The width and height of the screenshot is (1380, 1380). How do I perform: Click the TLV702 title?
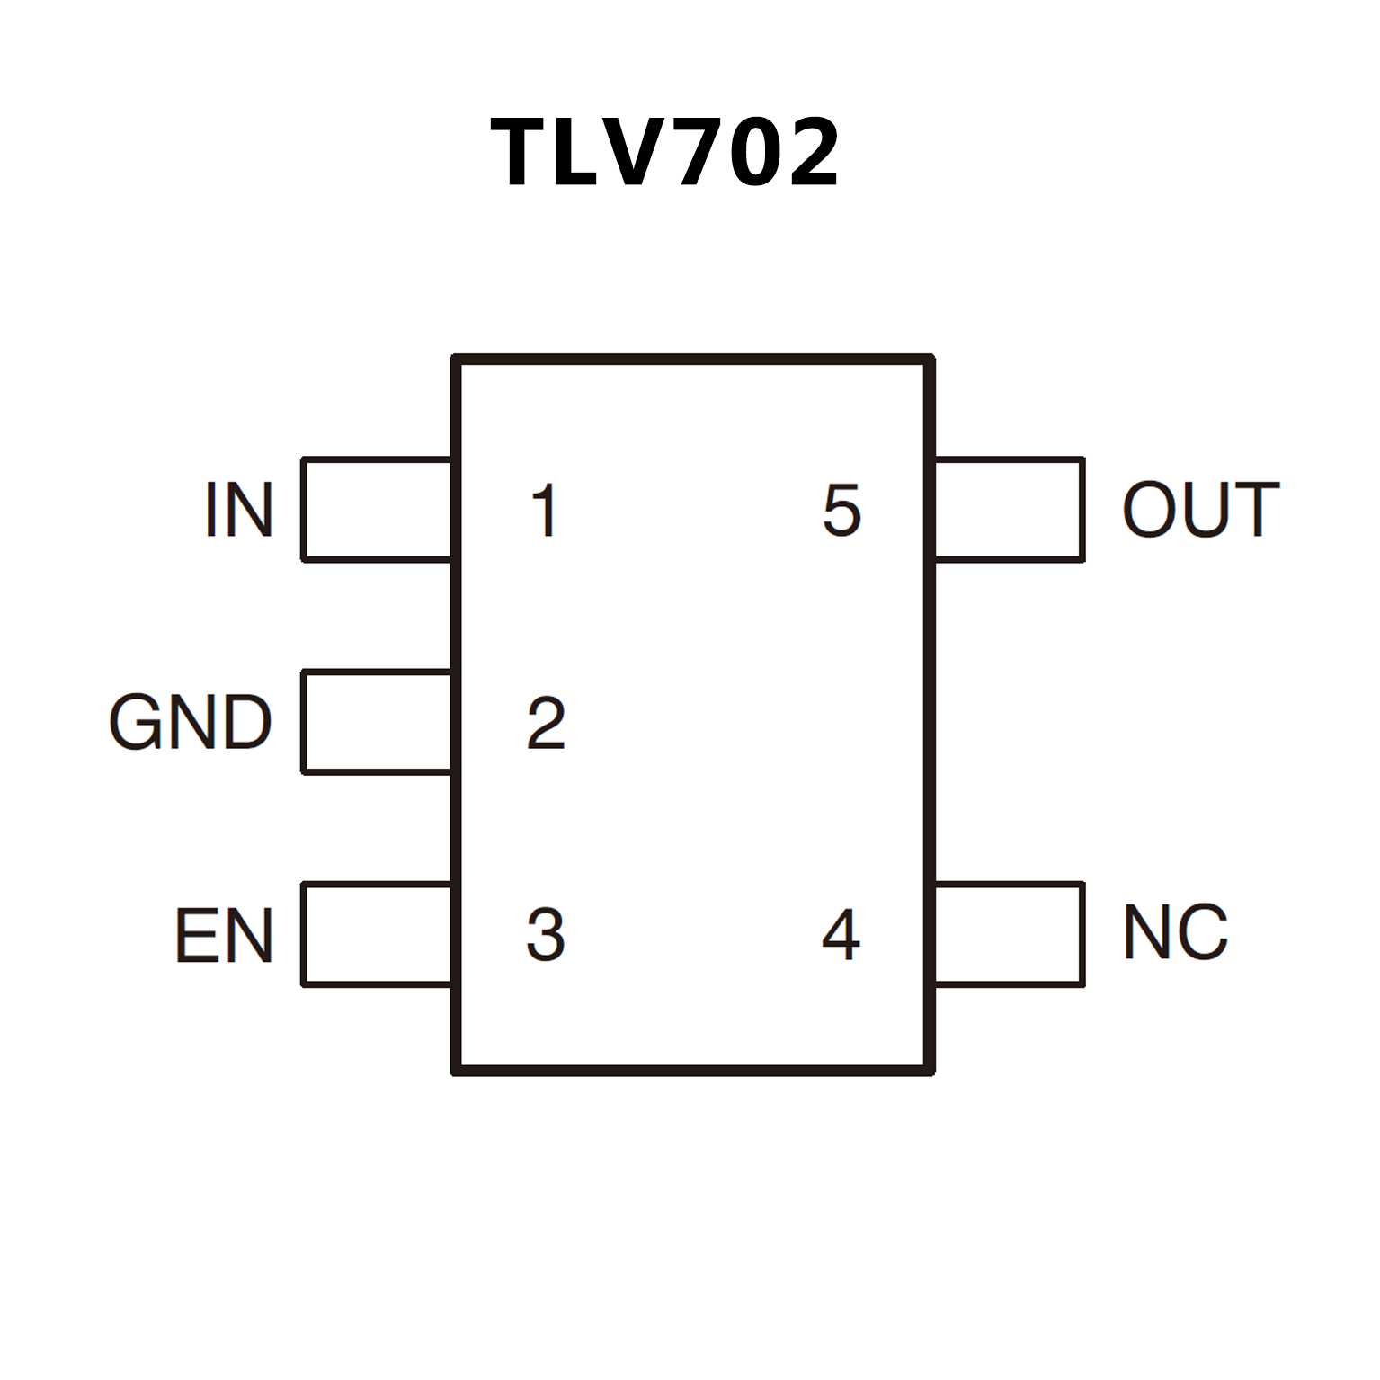point(665,153)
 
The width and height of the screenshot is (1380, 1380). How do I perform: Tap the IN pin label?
point(238,510)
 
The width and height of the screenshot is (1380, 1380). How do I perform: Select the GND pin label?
point(191,722)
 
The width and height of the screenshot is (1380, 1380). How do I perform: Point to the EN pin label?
point(224,935)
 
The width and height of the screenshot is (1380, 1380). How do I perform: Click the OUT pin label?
point(1201,510)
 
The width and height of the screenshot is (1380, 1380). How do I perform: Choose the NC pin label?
point(1176,932)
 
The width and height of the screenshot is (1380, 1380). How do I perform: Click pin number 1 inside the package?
point(545,511)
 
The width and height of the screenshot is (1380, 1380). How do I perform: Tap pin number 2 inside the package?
point(546,722)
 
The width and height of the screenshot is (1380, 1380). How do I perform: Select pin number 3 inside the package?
point(546,935)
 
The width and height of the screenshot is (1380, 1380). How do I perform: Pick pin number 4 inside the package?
point(841,935)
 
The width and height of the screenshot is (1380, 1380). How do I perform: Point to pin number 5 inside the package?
point(842,511)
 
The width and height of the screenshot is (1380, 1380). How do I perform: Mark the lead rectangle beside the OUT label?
point(1009,510)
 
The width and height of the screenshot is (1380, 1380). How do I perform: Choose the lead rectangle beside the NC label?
point(1009,934)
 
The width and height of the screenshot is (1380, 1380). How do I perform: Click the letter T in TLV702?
point(519,153)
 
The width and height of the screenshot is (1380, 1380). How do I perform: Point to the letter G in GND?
point(135,722)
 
